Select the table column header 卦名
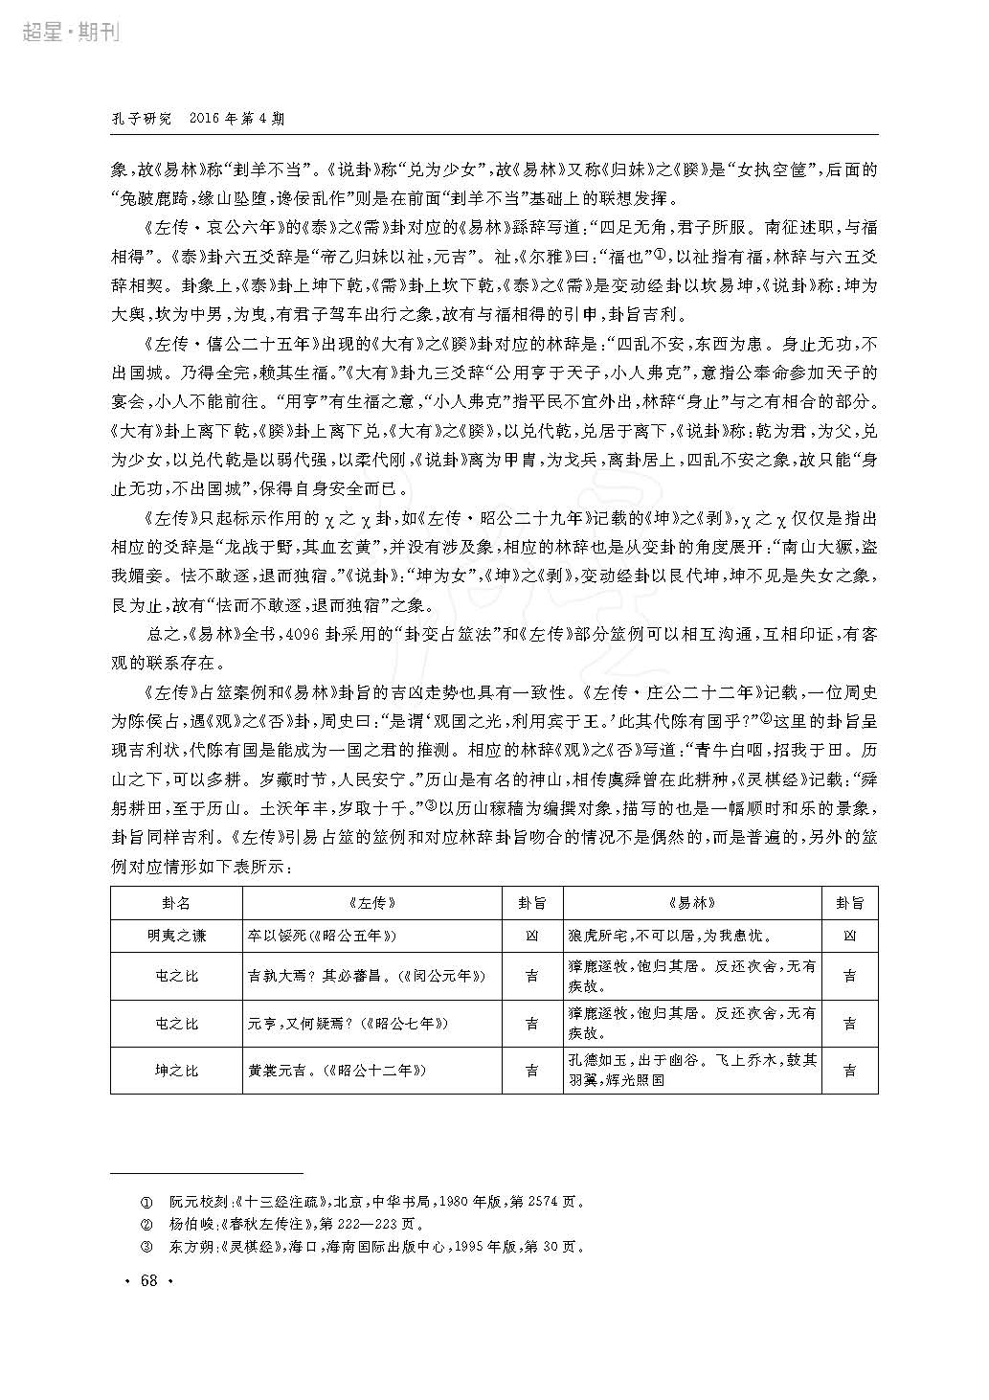click(x=176, y=903)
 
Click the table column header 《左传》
click(x=372, y=903)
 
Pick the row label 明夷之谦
click(x=176, y=936)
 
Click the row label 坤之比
click(x=176, y=1071)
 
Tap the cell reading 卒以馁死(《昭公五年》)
click(x=322, y=936)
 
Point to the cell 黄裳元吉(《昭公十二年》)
click(x=337, y=1071)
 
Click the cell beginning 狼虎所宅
click(x=670, y=936)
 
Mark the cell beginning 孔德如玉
click(x=691, y=1071)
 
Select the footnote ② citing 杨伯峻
click(x=281, y=1224)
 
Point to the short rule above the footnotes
click(x=206, y=1172)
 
